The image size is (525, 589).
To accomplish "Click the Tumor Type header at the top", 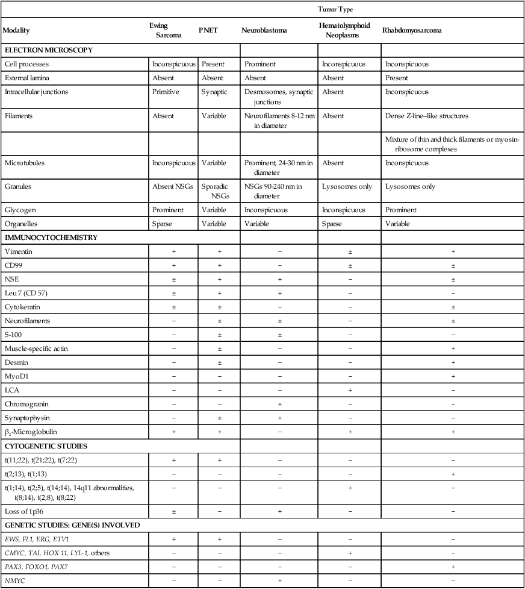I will [x=337, y=10].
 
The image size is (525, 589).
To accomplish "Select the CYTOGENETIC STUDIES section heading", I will [x=46, y=447].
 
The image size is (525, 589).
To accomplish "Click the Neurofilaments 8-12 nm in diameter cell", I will [x=278, y=120].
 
